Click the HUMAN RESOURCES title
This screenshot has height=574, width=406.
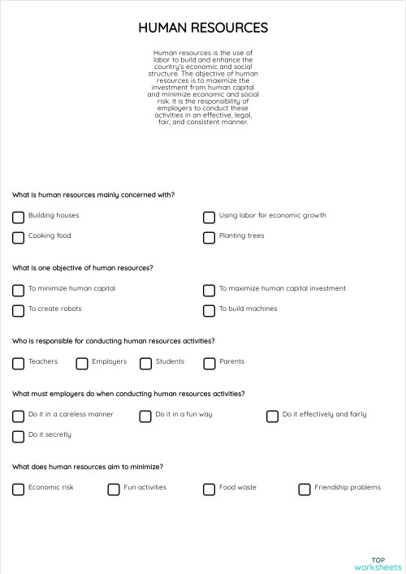(x=203, y=28)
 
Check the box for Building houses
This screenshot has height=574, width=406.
(x=18, y=217)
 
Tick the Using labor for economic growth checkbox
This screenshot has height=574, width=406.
(x=209, y=217)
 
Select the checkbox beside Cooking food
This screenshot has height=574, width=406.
(x=18, y=237)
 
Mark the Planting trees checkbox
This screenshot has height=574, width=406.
(x=209, y=237)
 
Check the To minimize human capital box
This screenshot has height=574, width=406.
(x=18, y=290)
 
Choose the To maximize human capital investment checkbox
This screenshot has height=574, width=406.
(x=209, y=290)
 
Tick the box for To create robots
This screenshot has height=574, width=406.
(x=18, y=310)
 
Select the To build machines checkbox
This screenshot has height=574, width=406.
(x=209, y=310)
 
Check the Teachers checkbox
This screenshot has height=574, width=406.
(x=18, y=363)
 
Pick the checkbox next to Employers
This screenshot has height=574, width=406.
(x=82, y=363)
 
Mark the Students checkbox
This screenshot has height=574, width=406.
(x=145, y=363)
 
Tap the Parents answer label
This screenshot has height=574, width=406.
(x=231, y=361)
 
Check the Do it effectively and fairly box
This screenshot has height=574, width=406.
(x=273, y=416)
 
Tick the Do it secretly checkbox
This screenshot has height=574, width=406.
(x=18, y=436)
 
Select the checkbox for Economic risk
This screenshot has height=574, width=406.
(x=18, y=489)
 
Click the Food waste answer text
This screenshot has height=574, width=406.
(x=237, y=487)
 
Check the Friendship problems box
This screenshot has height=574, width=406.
(x=304, y=489)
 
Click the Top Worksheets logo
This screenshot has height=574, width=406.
(x=378, y=563)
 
